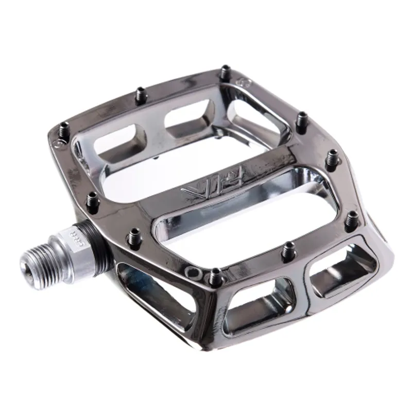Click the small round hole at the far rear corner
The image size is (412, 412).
point(244,81)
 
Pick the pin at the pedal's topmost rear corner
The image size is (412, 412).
point(225,72)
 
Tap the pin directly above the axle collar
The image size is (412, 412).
point(93,201)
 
